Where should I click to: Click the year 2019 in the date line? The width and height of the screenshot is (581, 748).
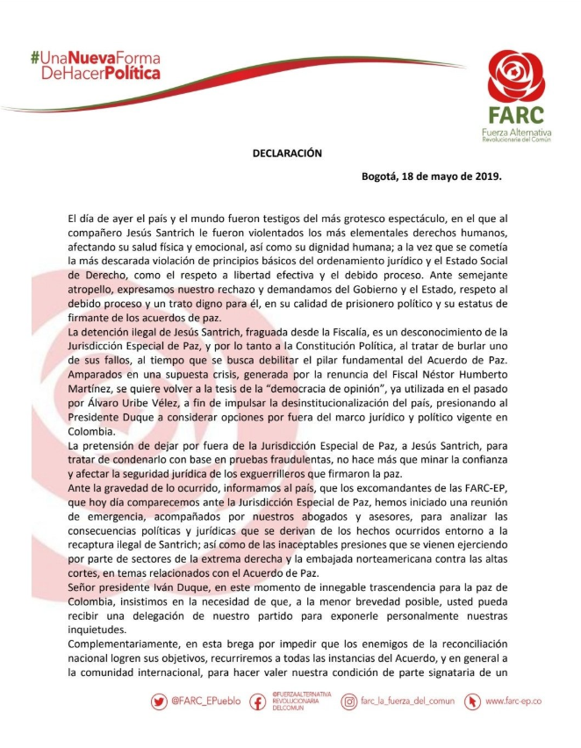pyautogui.click(x=482, y=176)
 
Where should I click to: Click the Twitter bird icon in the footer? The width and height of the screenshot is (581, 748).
pyautogui.click(x=160, y=701)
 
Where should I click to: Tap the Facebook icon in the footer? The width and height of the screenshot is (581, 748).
pyautogui.click(x=258, y=701)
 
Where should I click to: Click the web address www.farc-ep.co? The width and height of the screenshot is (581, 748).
pyautogui.click(x=527, y=701)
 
